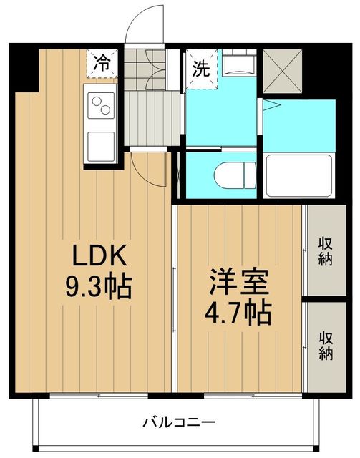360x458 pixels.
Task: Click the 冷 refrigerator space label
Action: pos(104,62)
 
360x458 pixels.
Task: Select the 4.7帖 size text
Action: pos(239,312)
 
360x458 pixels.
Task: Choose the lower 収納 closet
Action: pos(326,345)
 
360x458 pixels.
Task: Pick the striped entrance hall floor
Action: pos(152,117)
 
